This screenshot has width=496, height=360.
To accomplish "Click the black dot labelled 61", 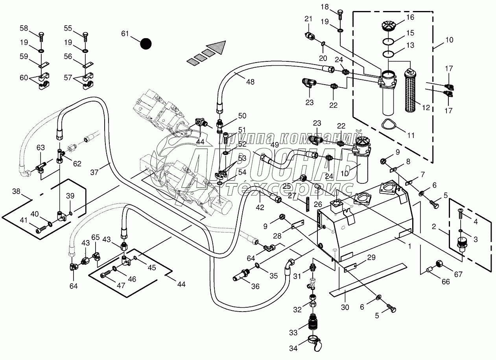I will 146,43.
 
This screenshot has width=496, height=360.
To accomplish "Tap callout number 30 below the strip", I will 345,307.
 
